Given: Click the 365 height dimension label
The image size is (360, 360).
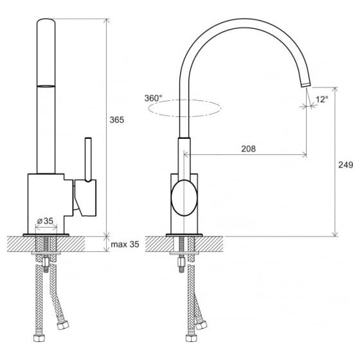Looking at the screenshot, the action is [116, 120].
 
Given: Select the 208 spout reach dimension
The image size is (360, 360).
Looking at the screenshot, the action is [248, 148].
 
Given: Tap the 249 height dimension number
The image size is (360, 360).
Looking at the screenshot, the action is [346, 165].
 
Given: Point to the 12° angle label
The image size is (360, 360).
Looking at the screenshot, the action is [322, 100].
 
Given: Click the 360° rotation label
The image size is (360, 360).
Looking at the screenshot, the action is [153, 98].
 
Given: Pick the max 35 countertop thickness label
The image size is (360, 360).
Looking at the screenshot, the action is [125, 244].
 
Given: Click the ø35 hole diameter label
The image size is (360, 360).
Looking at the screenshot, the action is [45, 221].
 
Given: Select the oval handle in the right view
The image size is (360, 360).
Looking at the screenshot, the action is [184, 198].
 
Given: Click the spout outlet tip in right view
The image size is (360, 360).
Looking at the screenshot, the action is [306, 84].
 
